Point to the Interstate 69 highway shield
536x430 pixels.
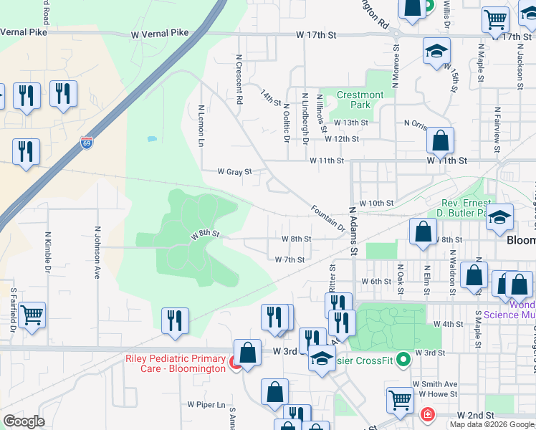pos(87,143)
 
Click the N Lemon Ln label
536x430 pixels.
pos(201,126)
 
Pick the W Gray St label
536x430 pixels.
pos(235,172)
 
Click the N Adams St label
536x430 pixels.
pos(353,231)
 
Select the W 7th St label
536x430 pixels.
pos(290,259)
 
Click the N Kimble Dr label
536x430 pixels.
pos(48,252)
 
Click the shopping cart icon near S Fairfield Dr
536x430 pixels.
pos(32,315)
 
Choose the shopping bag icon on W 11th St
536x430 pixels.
pos(440,140)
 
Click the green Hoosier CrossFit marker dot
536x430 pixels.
pos(403,358)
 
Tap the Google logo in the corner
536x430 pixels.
pos(23,421)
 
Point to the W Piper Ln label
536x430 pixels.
pos(206,404)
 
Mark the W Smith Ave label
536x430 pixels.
pos(438,384)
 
